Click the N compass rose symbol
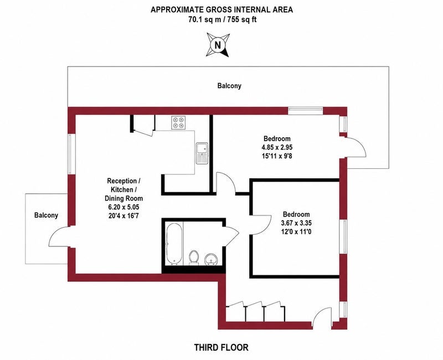(x=218, y=45)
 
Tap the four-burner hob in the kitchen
(x=178, y=122)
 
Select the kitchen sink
(x=202, y=153)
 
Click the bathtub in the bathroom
(x=174, y=244)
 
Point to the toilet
(x=194, y=258)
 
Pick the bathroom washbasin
(x=211, y=259)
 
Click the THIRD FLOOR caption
(x=221, y=347)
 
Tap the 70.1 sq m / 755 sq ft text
(x=223, y=19)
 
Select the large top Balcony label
(x=229, y=86)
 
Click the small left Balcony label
(x=46, y=215)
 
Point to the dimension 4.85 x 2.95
(x=277, y=147)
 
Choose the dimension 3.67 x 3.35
(x=296, y=223)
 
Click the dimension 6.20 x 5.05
(x=123, y=207)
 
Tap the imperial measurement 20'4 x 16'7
(x=123, y=216)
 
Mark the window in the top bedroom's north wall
(x=306, y=111)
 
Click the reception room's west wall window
(x=71, y=154)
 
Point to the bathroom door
(x=232, y=236)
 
